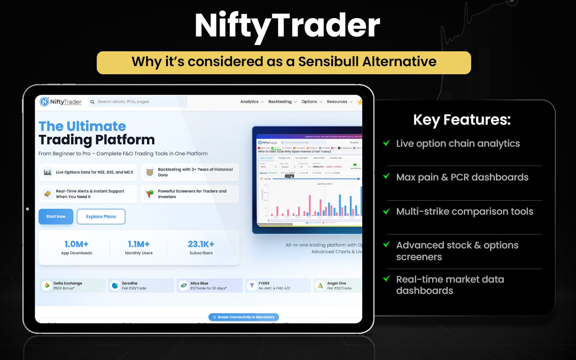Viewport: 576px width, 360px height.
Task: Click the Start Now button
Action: pyautogui.click(x=56, y=216)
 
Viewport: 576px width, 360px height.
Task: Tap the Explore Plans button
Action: pyautogui.click(x=101, y=216)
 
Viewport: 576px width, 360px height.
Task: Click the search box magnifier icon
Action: pyautogui.click(x=93, y=102)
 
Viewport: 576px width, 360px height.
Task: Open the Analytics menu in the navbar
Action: pyautogui.click(x=252, y=102)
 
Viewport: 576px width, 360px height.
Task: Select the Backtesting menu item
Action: pyautogui.click(x=282, y=102)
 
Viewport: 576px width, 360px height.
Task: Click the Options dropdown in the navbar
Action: pyautogui.click(x=311, y=102)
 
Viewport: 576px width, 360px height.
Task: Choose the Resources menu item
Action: pyautogui.click(x=339, y=102)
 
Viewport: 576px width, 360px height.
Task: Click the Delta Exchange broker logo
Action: pyautogui.click(x=46, y=286)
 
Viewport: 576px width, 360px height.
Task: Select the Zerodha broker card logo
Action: pyautogui.click(x=115, y=286)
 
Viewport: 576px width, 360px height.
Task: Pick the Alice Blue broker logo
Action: pyautogui.click(x=183, y=286)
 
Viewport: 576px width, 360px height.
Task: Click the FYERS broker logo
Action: pyautogui.click(x=252, y=286)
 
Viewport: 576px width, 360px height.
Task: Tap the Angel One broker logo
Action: pyautogui.click(x=320, y=286)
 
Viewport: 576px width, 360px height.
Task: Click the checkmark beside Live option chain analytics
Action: pyautogui.click(x=386, y=143)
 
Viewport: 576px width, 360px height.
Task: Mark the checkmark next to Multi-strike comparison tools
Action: pyautogui.click(x=386, y=211)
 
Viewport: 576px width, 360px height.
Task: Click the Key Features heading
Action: pyautogui.click(x=462, y=120)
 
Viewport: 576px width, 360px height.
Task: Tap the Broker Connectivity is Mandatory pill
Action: pyautogui.click(x=243, y=317)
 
